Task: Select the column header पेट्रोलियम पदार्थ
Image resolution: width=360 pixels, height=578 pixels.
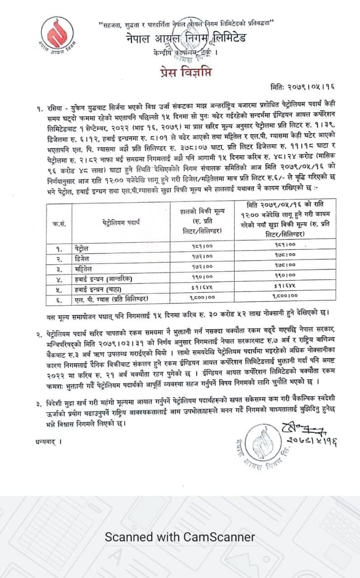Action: coord(121,222)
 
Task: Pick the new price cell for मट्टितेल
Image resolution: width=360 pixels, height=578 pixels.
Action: coord(284,267)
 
